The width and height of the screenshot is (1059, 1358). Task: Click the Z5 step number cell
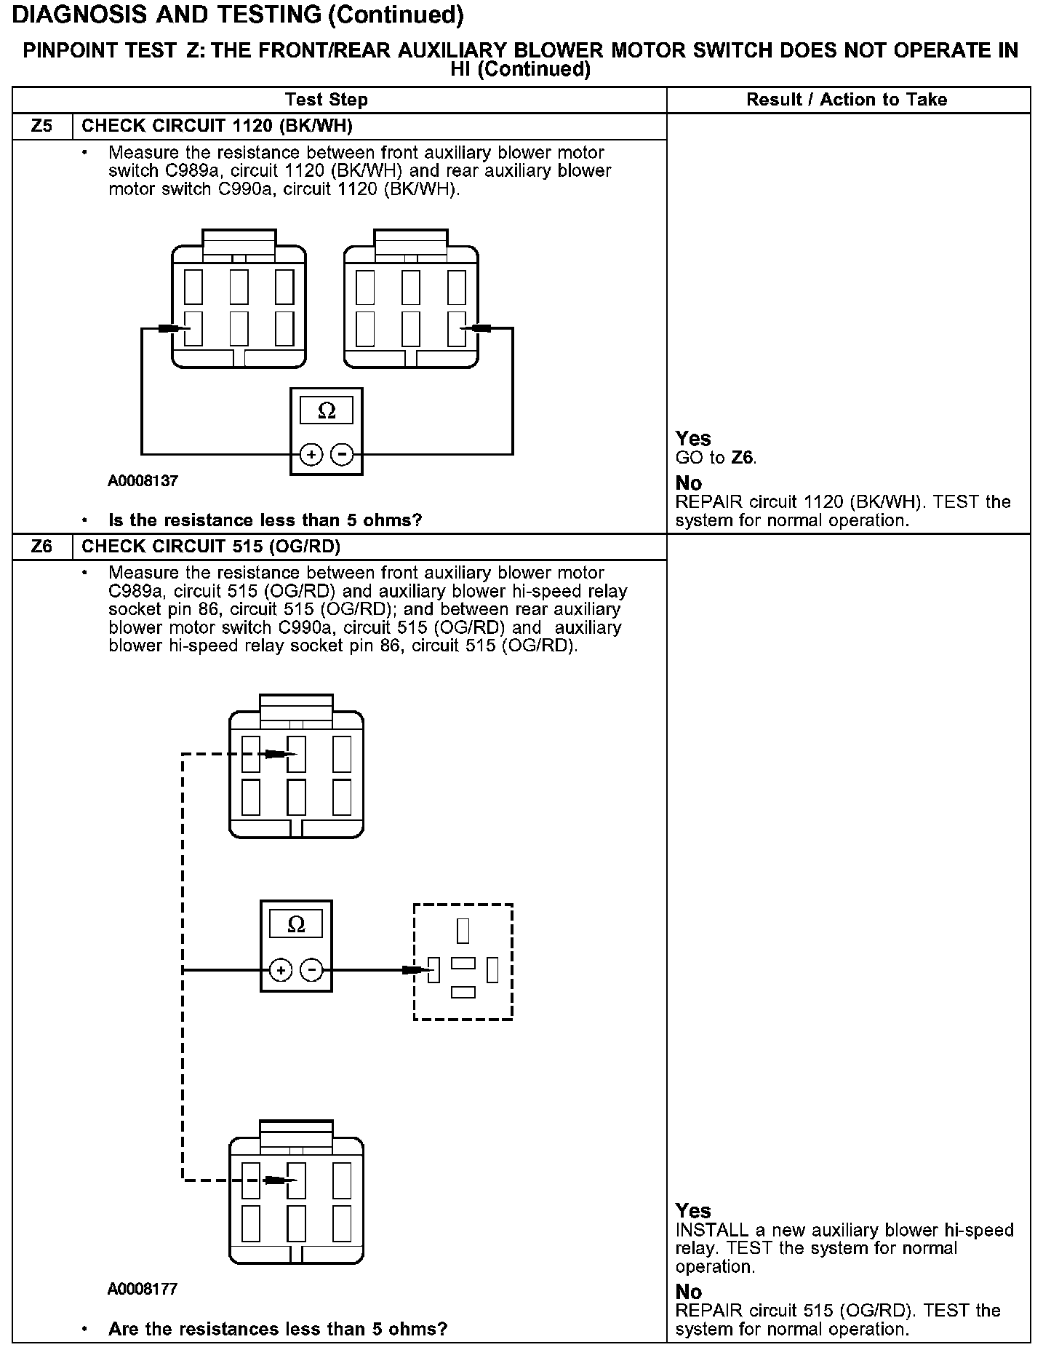click(x=42, y=126)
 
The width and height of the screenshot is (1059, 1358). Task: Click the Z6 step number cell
click(x=42, y=547)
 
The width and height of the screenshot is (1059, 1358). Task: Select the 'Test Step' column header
click(x=327, y=100)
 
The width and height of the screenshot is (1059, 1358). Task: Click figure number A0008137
click(x=143, y=481)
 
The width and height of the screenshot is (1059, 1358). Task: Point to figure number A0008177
click(x=143, y=1289)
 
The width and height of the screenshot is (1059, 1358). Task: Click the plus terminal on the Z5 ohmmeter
click(x=311, y=456)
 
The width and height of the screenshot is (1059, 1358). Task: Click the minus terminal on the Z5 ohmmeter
click(x=342, y=456)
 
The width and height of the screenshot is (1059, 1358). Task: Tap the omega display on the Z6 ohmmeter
click(x=296, y=925)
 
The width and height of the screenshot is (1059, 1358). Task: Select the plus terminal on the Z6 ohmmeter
click(x=281, y=970)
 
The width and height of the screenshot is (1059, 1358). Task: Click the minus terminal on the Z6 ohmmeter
click(x=311, y=970)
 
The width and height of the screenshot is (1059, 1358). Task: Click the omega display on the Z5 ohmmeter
click(x=327, y=410)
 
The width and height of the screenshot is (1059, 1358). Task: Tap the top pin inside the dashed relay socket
click(x=463, y=931)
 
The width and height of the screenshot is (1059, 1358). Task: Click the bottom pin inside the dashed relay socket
click(x=463, y=992)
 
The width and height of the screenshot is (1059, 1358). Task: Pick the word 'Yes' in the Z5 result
click(x=693, y=438)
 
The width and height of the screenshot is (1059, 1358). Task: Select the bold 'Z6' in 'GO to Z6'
click(x=743, y=458)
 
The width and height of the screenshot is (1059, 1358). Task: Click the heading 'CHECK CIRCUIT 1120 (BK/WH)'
click(x=217, y=126)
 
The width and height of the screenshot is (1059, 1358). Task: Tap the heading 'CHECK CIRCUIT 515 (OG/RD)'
click(x=211, y=547)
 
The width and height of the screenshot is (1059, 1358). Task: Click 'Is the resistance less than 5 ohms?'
click(x=265, y=520)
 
